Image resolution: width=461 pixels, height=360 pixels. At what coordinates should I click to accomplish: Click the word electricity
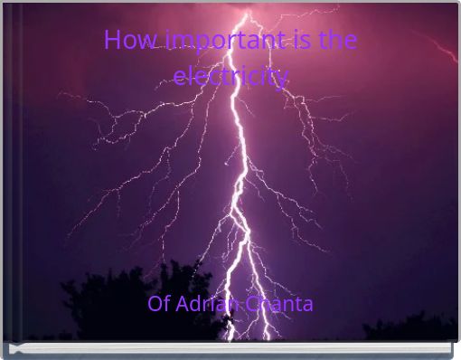230,77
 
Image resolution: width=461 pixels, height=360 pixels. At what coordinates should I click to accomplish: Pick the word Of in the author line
158,304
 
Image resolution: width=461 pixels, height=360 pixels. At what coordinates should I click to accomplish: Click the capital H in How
111,42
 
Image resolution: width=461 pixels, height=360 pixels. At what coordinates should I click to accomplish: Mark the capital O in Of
155,304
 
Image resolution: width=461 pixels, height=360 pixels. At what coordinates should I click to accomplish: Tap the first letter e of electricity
178,78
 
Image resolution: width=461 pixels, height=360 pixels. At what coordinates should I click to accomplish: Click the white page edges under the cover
230,348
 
